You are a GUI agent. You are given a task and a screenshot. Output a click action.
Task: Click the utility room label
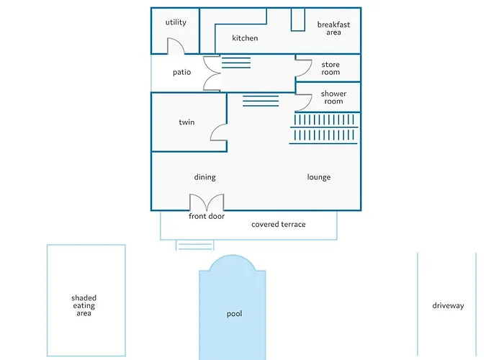(x=176, y=22)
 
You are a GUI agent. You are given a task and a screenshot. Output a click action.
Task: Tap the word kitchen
(x=245, y=38)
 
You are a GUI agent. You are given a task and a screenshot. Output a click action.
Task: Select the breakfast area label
(x=333, y=28)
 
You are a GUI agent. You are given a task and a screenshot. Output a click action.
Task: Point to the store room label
(x=330, y=68)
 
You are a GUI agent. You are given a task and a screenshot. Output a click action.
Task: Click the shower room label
(x=333, y=97)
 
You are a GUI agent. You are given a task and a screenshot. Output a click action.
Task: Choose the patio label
(x=181, y=72)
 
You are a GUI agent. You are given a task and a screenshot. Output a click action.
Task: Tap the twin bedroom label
(x=186, y=122)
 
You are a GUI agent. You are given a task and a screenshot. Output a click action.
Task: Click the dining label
(x=204, y=177)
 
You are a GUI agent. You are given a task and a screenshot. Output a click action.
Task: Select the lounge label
(x=319, y=177)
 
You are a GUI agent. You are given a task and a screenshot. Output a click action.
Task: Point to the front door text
(x=207, y=216)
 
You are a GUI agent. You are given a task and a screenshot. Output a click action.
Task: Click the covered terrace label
(x=279, y=225)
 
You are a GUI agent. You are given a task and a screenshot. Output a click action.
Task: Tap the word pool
(x=235, y=314)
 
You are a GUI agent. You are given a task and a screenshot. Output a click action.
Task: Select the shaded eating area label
(x=84, y=306)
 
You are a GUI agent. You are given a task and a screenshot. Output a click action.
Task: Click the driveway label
(x=448, y=305)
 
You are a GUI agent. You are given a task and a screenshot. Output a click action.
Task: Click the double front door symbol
(x=207, y=202)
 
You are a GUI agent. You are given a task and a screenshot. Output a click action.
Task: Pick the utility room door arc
(x=176, y=47)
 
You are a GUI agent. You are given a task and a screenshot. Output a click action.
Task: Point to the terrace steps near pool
(x=196, y=245)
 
